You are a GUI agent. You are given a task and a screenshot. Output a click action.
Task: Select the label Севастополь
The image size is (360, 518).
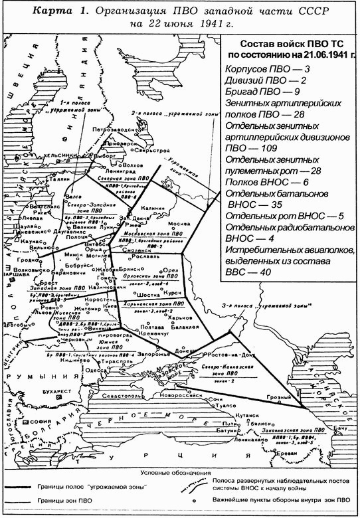tap(117, 396)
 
